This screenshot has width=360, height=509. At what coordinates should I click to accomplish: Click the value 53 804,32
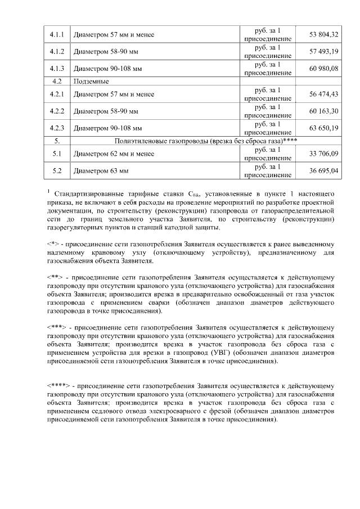click(x=323, y=35)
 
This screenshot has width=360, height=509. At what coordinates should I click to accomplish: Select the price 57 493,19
click(x=323, y=52)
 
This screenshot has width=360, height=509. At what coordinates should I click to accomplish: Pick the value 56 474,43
click(x=323, y=94)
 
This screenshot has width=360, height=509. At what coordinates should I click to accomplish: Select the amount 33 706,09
click(x=323, y=154)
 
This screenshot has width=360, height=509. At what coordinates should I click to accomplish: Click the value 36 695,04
click(x=323, y=170)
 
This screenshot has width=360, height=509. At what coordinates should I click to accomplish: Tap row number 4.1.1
click(x=57, y=35)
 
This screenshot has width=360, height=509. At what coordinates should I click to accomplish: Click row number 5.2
click(x=57, y=170)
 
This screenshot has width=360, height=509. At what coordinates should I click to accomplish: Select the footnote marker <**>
click(x=55, y=277)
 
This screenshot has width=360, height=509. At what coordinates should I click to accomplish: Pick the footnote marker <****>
click(x=58, y=386)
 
